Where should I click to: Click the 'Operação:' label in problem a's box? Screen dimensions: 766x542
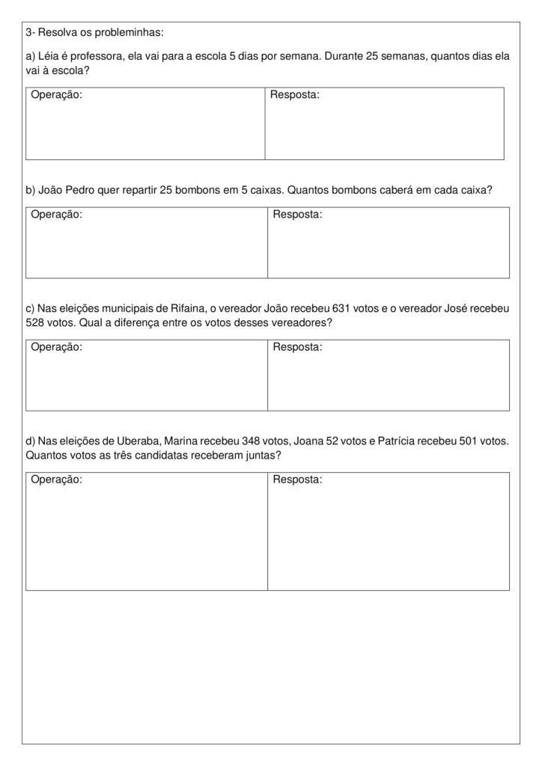[56, 95]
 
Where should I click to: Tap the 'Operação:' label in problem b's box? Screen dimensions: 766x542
[56, 215]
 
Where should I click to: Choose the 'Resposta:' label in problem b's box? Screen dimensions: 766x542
[297, 215]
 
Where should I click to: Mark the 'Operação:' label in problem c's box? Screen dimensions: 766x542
[56, 347]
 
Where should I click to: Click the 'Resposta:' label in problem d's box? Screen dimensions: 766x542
[297, 479]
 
